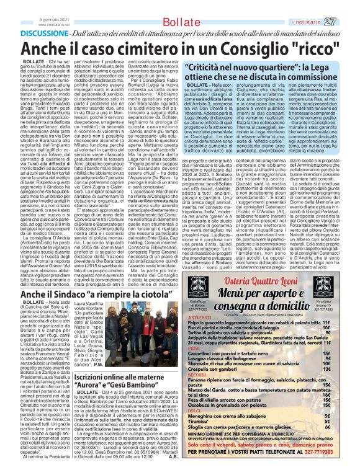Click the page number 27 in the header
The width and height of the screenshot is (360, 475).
tap(347, 21)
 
